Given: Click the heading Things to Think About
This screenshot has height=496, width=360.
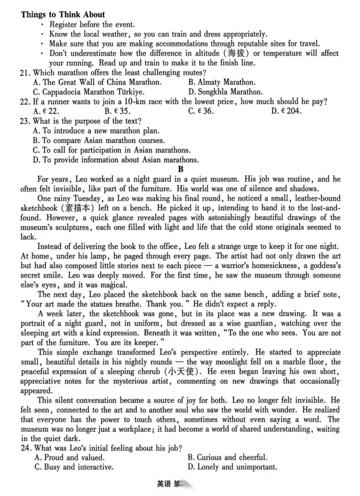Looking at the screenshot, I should tap(63, 15).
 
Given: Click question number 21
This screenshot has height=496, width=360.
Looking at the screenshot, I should tap(26, 73).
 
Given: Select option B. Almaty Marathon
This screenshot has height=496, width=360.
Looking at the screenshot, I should tap(221, 82).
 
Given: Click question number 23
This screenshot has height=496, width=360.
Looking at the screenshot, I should tap(26, 120).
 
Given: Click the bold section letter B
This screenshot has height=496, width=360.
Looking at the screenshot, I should tap(180, 169).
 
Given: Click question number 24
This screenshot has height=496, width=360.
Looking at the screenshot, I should tap(26, 448).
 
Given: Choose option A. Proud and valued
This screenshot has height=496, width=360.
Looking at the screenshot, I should tap(69, 458).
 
